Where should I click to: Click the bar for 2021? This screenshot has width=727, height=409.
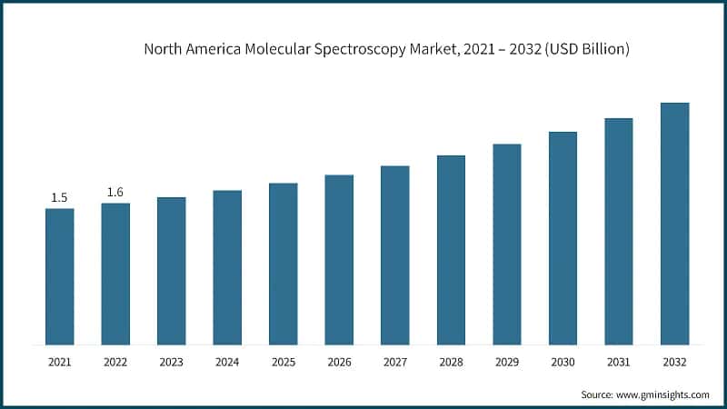pyautogui.click(x=59, y=276)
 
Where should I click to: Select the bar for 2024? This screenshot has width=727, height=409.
pyautogui.click(x=227, y=267)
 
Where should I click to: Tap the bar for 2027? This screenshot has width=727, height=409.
pyautogui.click(x=395, y=255)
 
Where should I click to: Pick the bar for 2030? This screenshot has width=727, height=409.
pyautogui.click(x=563, y=238)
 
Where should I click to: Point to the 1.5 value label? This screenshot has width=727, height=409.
pyautogui.click(x=59, y=197)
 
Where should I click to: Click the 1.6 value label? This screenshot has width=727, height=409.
pyautogui.click(x=115, y=192)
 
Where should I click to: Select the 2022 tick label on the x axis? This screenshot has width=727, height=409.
pyautogui.click(x=115, y=363)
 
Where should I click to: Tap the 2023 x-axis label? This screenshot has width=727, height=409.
pyautogui.click(x=171, y=363)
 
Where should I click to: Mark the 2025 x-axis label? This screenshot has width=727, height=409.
pyautogui.click(x=283, y=363)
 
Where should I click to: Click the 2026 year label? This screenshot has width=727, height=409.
pyautogui.click(x=339, y=363)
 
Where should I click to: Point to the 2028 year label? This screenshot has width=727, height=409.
pyautogui.click(x=451, y=363)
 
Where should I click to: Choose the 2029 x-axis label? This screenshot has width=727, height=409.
pyautogui.click(x=507, y=363)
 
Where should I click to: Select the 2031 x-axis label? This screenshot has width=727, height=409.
pyautogui.click(x=619, y=363)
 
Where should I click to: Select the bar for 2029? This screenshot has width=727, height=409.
pyautogui.click(x=507, y=244)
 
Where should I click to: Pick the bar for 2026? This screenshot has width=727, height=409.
pyautogui.click(x=339, y=260)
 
